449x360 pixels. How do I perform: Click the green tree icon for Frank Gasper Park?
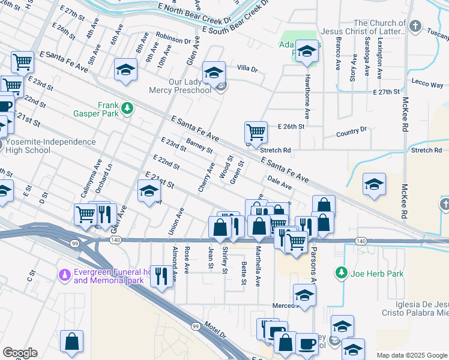[127, 108]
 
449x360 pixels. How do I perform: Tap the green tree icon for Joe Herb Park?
[342, 273]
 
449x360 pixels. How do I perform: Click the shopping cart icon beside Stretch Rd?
[256, 131]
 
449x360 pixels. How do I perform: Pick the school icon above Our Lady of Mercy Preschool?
[213, 73]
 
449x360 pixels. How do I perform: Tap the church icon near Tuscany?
[415, 27]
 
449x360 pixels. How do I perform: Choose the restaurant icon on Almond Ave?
[160, 275]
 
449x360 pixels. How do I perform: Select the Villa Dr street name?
[247, 68]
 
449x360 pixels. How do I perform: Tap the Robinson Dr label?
[173, 40]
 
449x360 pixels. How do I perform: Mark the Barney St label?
[199, 145]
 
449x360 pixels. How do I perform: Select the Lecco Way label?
[427, 83]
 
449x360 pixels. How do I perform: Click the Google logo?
[20, 353]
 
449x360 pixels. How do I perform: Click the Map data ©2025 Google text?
[411, 355]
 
